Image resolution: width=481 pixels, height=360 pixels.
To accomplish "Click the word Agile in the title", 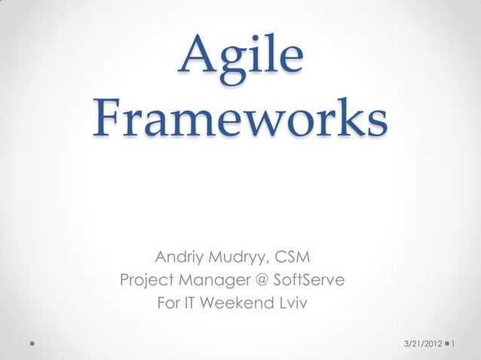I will click(240, 58).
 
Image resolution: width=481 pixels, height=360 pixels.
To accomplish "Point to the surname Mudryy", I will click(240, 258).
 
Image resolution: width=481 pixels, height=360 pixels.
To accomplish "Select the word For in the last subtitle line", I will click(168, 305).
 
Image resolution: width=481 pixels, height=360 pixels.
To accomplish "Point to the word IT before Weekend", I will click(193, 305).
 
